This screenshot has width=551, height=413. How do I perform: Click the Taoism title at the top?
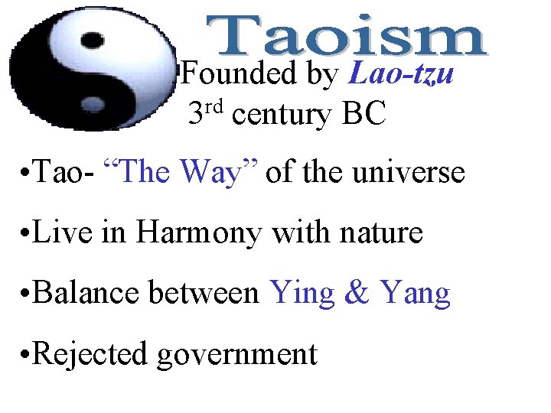347,36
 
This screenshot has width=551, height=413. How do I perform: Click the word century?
281,115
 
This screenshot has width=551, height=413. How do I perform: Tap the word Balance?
85,292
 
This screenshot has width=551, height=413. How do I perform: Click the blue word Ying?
302,294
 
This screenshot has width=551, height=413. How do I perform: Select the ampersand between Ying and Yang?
357,292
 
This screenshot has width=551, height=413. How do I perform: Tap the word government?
237,355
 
